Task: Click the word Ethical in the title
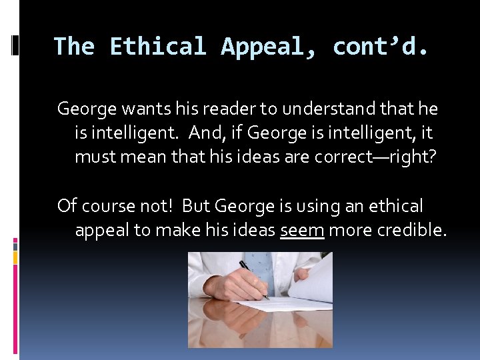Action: pyautogui.click(x=159, y=47)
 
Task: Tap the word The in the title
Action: pyautogui.click(x=75, y=47)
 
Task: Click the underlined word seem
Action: pyautogui.click(x=302, y=230)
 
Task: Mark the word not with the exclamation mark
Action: pyautogui.click(x=159, y=205)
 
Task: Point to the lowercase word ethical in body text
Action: pyautogui.click(x=396, y=205)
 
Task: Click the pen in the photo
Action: pyautogui.click(x=254, y=279)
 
